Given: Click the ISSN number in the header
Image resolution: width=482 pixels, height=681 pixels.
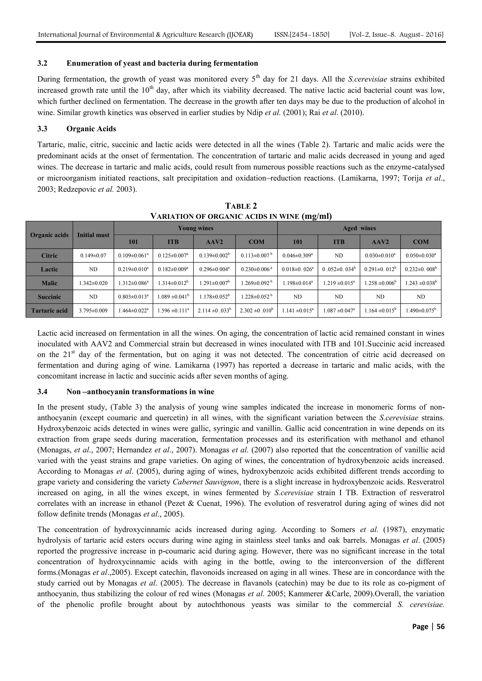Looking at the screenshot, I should pyautogui.click(x=302, y=35).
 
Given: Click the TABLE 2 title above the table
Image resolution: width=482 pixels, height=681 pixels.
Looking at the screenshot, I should pyautogui.click(x=241, y=206).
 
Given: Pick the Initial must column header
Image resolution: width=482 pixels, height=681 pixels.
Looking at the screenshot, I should pyautogui.click(x=93, y=235).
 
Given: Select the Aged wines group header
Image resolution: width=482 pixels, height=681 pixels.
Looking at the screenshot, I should pyautogui.click(x=359, y=228).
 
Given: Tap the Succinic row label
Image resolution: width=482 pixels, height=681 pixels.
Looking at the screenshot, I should pyautogui.click(x=49, y=297).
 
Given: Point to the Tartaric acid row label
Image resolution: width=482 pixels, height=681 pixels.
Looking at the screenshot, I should pyautogui.click(x=49, y=311).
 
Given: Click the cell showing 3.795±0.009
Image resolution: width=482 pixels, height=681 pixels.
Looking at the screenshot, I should pyautogui.click(x=93, y=311).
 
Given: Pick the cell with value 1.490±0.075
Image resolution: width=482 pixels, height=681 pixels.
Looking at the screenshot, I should pyautogui.click(x=421, y=311).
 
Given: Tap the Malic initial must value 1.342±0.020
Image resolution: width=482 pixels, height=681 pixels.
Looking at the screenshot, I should pyautogui.click(x=93, y=283).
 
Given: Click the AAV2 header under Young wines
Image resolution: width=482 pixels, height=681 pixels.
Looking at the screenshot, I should pyautogui.click(x=214, y=242).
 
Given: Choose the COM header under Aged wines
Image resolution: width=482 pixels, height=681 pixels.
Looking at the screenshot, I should pyautogui.click(x=421, y=242).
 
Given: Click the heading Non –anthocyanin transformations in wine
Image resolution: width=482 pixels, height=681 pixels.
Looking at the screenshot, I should pyautogui.click(x=140, y=392).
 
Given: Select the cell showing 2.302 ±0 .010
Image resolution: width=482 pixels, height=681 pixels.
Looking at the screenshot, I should pyautogui.click(x=256, y=311).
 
